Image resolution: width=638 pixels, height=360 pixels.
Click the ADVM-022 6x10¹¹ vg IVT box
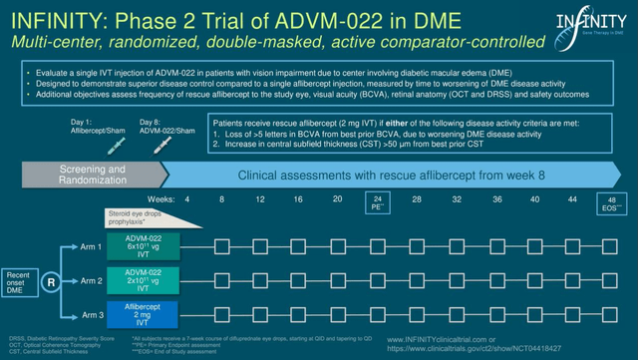141,243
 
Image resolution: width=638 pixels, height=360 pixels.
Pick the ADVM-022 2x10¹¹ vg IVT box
141,281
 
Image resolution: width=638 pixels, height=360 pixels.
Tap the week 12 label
260,199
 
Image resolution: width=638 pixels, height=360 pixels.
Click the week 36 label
495,199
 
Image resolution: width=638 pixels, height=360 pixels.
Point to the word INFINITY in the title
56,17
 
